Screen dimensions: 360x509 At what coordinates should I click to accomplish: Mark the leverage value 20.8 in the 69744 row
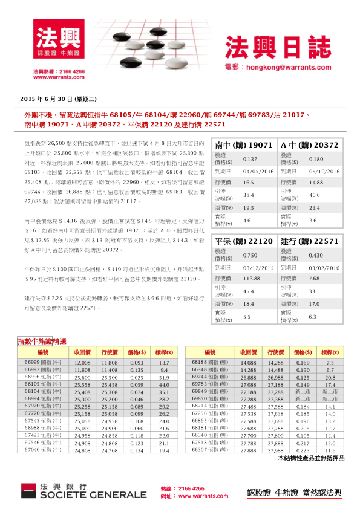pyautogui.click(x=330, y=377)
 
